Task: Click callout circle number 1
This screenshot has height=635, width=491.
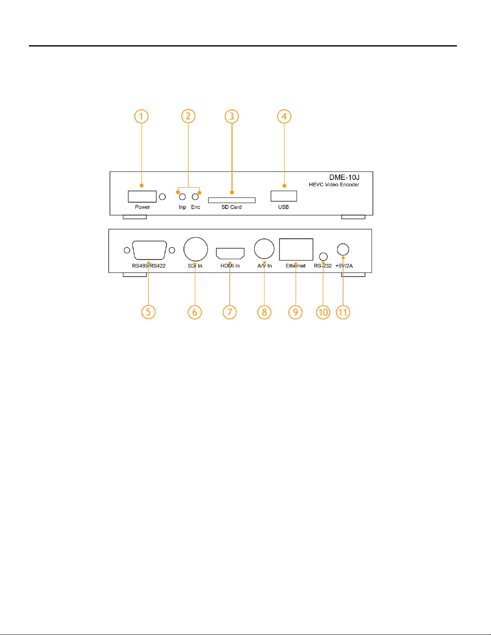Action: click(x=141, y=117)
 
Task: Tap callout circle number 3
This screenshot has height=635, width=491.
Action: click(x=232, y=117)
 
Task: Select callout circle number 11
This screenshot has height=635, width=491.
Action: click(x=343, y=312)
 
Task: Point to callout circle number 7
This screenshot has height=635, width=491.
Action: click(x=230, y=312)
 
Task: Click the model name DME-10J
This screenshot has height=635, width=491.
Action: click(x=344, y=177)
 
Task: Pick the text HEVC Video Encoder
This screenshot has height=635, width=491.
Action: click(x=334, y=185)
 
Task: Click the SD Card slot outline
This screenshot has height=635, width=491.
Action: click(x=232, y=200)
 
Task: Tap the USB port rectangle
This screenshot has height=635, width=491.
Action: click(x=284, y=196)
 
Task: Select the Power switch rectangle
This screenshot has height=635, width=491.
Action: click(x=142, y=196)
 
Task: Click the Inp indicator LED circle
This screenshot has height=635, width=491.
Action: click(x=182, y=197)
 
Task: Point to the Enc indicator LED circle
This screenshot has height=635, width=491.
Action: click(x=195, y=197)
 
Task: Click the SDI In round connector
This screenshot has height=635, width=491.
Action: click(x=196, y=249)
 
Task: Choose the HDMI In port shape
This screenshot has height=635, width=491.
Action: click(x=230, y=254)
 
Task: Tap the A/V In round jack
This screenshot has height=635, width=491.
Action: click(x=264, y=249)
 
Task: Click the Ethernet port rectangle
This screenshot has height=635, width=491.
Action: click(x=296, y=250)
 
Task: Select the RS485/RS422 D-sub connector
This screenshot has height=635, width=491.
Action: click(x=149, y=250)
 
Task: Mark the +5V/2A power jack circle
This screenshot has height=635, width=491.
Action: click(x=343, y=250)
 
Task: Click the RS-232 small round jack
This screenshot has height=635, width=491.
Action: click(x=323, y=257)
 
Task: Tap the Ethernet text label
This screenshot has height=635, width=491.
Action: click(x=295, y=266)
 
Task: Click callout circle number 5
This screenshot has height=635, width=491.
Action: click(x=148, y=312)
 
